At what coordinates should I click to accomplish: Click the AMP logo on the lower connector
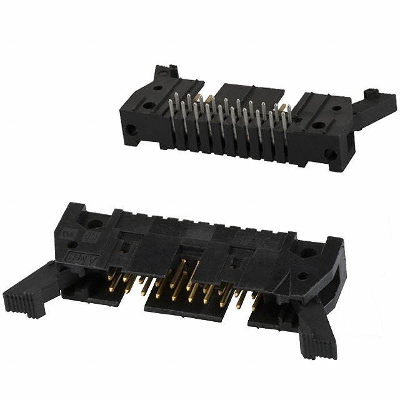click(70, 252)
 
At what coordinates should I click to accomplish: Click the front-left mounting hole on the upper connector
click(130, 131)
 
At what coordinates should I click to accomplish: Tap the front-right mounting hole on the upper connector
click(330, 154)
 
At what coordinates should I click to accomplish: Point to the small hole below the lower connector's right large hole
click(302, 276)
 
